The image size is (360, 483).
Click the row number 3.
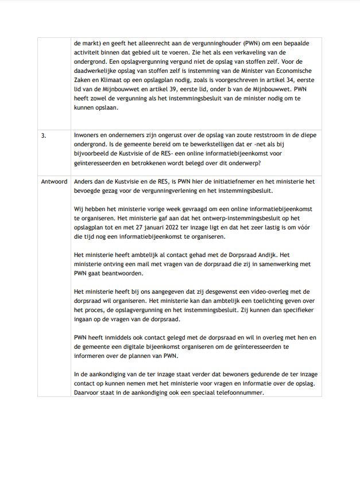click(x=43, y=136)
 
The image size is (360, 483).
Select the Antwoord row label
click(x=54, y=181)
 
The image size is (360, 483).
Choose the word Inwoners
click(x=87, y=136)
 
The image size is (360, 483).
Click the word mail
click(x=144, y=264)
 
